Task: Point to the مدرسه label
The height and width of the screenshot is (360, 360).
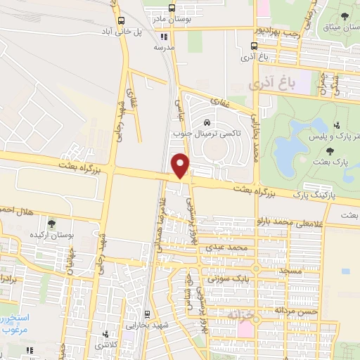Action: [x=163, y=49]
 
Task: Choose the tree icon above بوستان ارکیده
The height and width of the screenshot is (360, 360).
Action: [x=51, y=223]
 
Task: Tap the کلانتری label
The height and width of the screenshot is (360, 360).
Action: [x=106, y=345]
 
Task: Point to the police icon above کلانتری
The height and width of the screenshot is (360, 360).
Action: [x=106, y=334]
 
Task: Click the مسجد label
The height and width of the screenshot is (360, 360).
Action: [x=291, y=270]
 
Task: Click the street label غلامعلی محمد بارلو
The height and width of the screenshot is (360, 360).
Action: [x=277, y=220]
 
